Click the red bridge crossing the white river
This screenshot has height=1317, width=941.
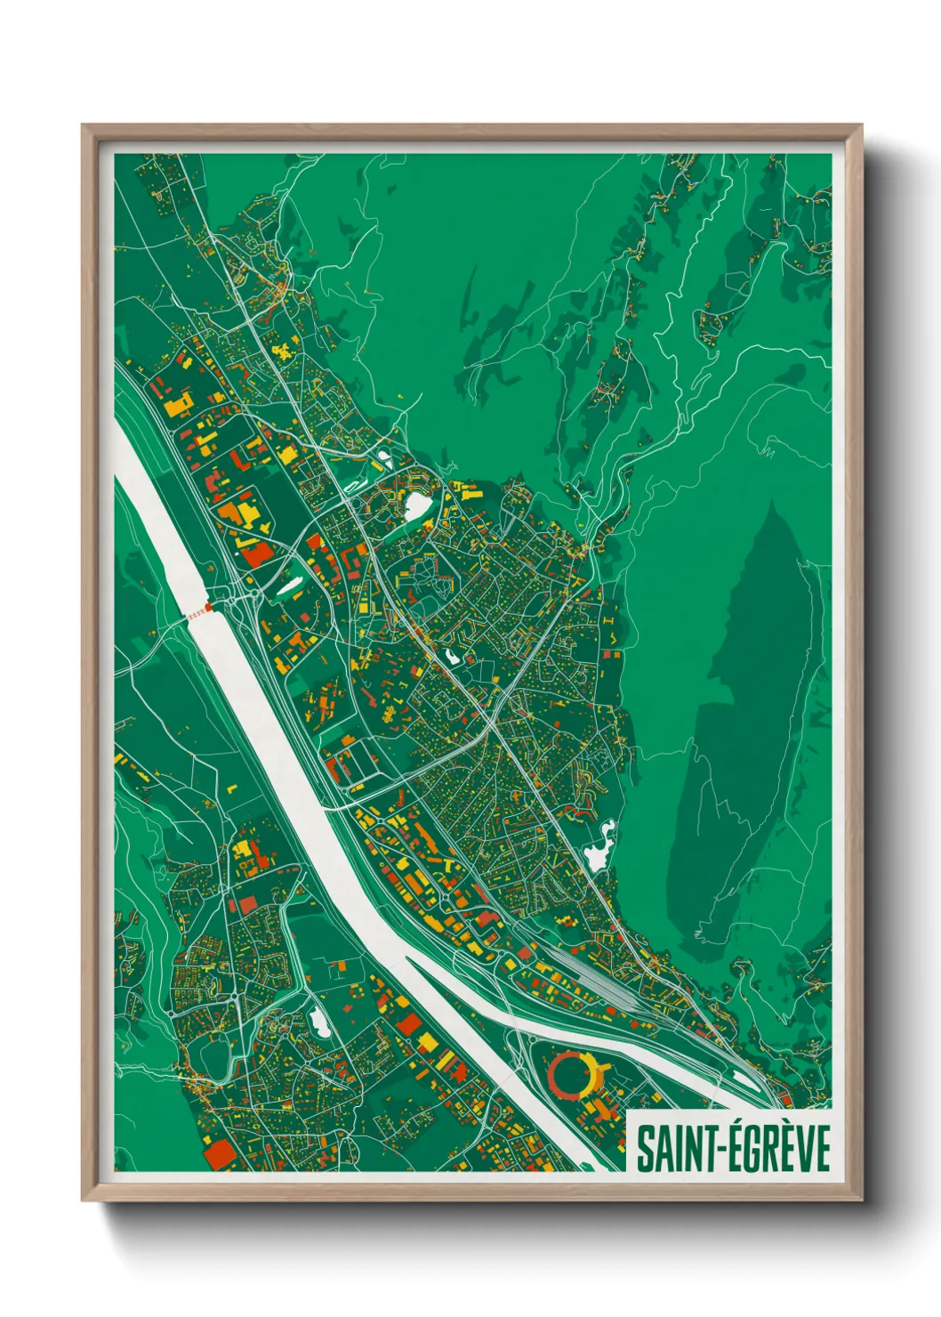coord(197,613)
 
